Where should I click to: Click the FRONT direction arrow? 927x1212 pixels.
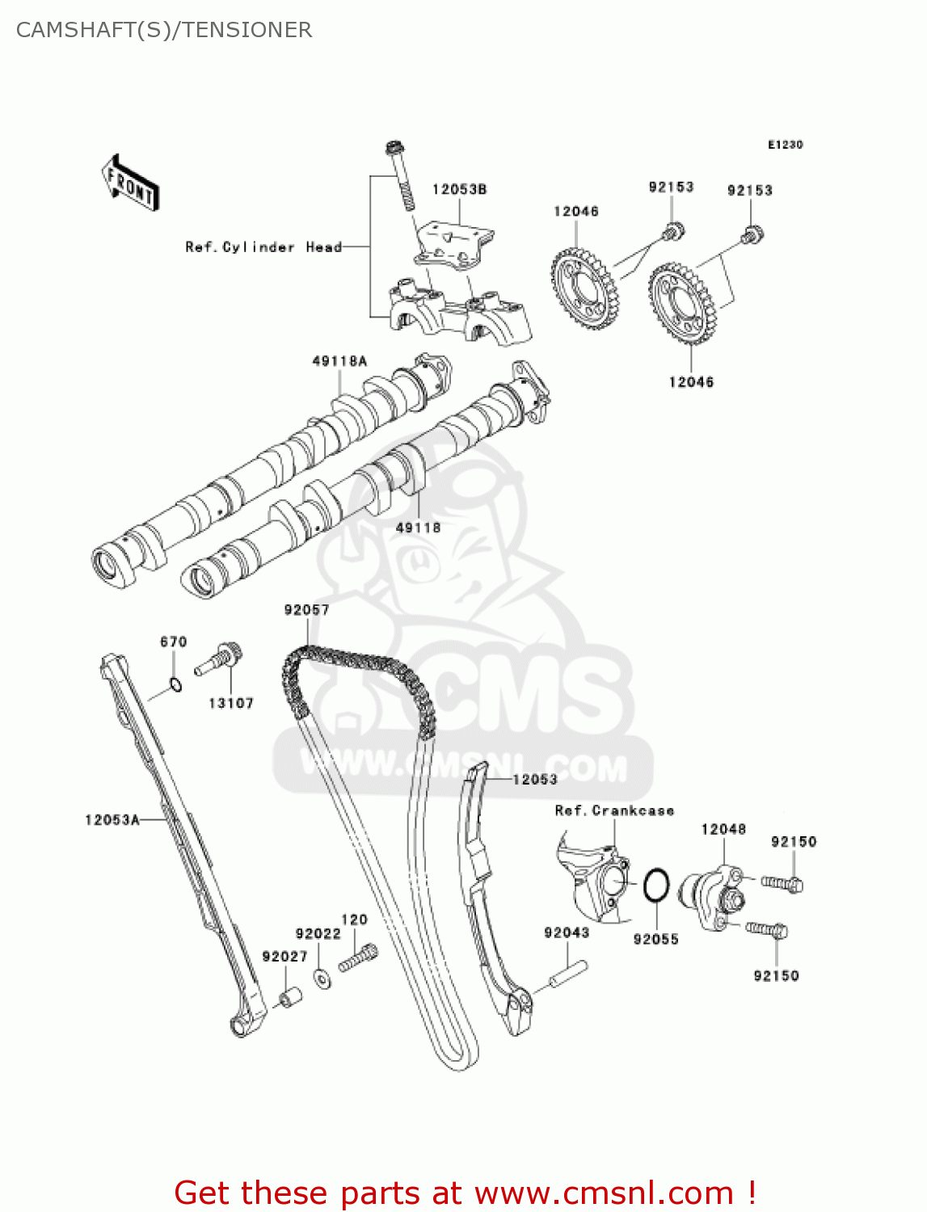[130, 183]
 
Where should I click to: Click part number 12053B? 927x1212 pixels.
[459, 189]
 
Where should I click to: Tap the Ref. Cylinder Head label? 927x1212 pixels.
[263, 247]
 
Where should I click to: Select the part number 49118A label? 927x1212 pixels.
[339, 361]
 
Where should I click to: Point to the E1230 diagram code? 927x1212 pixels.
[785, 145]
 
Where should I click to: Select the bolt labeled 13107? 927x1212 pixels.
[219, 659]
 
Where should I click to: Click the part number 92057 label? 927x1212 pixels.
[306, 610]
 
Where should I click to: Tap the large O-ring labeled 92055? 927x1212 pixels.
[656, 886]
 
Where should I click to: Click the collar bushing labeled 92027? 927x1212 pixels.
[289, 998]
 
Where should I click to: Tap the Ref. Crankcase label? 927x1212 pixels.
[614, 810]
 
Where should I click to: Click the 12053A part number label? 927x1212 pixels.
[112, 820]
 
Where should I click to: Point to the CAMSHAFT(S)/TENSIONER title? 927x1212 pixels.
[164, 30]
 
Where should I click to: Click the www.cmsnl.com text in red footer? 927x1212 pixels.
[604, 1193]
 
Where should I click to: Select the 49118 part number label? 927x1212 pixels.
[418, 528]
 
